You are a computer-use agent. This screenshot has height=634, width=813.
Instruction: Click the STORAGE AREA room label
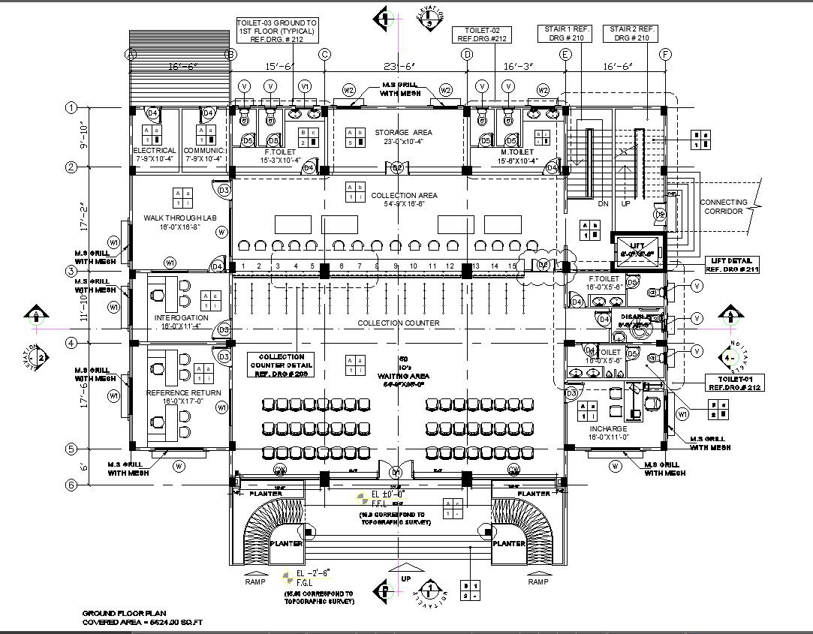403,133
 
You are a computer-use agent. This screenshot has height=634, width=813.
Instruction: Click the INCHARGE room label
608,429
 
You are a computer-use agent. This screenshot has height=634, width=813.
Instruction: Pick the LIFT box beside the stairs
637,248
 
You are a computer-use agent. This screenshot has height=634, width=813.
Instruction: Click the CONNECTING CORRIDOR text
724,206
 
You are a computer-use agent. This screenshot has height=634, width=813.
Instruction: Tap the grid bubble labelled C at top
324,54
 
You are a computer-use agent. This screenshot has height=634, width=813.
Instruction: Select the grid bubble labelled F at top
665,54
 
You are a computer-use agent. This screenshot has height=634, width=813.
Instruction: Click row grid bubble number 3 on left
71,271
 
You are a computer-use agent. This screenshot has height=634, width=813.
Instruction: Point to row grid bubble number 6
71,485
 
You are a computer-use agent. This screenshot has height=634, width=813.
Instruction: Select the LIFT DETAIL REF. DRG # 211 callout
730,265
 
